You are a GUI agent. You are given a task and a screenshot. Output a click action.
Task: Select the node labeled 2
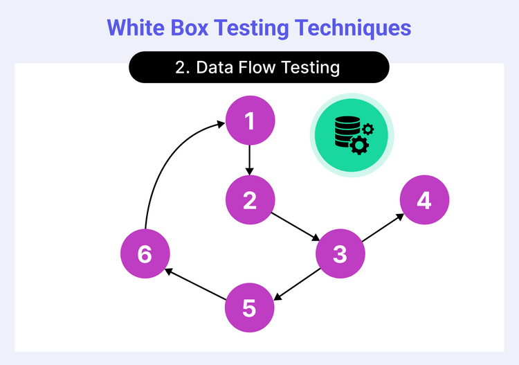tap(250, 200)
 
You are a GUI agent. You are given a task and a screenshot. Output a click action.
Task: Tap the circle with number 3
tap(340, 253)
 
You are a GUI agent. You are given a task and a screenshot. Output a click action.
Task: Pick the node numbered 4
tap(424, 200)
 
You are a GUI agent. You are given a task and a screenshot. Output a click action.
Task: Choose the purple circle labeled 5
tap(250, 308)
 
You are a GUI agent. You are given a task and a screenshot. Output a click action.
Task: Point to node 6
tap(145, 253)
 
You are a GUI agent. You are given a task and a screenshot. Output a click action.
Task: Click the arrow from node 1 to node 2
tap(250, 161)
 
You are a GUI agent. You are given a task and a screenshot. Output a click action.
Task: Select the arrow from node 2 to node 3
tap(295, 226)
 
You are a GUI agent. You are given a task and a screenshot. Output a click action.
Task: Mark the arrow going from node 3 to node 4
tap(382, 228)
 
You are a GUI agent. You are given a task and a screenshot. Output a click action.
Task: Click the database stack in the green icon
tap(345, 132)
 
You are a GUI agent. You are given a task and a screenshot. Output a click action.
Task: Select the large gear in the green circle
tap(359, 145)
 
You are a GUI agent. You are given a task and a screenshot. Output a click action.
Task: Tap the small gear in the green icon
tap(368, 128)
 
